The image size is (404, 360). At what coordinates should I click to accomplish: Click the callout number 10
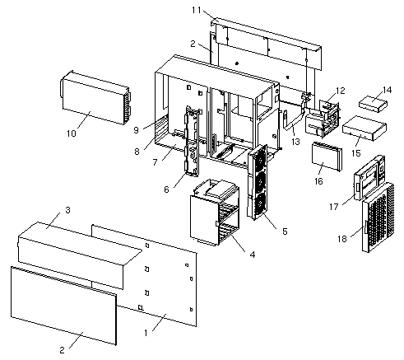71,133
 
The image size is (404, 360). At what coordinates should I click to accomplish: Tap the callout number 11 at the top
197,10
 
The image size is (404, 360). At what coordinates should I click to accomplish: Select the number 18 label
342,239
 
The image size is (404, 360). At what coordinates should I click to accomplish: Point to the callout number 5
285,231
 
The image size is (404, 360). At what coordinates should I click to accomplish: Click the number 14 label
387,90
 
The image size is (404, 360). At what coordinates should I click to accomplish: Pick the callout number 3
67,210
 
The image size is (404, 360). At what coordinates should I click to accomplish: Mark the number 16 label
318,181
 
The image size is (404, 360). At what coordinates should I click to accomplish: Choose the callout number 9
136,130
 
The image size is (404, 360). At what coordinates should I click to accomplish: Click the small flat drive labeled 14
373,104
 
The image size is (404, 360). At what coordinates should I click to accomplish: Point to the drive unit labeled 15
365,128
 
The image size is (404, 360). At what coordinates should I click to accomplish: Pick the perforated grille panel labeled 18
378,217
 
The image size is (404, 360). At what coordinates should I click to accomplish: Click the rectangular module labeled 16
327,156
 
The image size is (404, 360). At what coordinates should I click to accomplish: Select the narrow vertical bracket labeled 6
193,141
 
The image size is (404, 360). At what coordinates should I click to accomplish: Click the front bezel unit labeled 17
369,178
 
